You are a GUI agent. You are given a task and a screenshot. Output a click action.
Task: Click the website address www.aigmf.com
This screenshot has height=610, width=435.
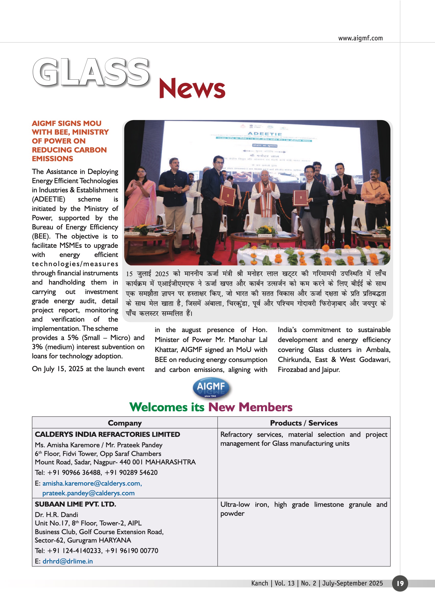click(360, 38)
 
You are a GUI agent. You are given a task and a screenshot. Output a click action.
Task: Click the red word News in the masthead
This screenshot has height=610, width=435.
click(192, 88)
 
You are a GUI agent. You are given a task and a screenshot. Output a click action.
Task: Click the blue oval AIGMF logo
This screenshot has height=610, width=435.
click(211, 388)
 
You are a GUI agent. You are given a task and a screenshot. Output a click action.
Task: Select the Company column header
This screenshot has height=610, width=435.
click(125, 423)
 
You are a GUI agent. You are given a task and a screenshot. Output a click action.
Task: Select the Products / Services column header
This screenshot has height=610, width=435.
click(304, 423)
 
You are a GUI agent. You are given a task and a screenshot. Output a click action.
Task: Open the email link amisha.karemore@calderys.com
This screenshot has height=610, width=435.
click(92, 483)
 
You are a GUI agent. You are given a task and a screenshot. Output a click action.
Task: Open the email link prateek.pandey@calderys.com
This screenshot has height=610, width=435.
click(88, 493)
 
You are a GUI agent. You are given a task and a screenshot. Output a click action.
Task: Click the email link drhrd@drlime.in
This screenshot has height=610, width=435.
click(67, 561)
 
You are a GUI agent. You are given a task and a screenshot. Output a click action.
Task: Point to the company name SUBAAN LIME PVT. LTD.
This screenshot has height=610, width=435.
click(75, 504)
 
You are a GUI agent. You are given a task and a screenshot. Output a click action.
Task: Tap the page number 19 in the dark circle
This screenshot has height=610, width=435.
click(400, 583)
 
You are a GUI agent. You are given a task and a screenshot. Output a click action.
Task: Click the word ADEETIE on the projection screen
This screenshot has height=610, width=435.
click(265, 134)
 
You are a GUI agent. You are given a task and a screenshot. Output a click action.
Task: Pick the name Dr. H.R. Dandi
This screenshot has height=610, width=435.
click(56, 515)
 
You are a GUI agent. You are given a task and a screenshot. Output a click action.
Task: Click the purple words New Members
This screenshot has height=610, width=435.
click(250, 407)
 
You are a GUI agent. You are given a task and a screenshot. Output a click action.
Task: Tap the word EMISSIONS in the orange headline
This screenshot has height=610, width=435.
click(53, 159)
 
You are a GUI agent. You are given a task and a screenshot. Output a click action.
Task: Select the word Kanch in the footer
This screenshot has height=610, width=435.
click(260, 583)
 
